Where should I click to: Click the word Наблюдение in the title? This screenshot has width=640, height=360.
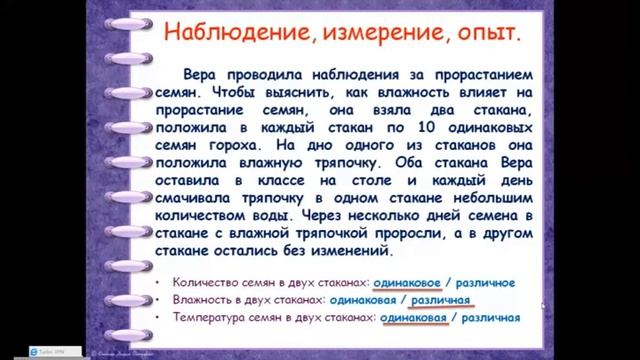point(211,37)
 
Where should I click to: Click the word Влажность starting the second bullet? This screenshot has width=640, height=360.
point(200,301)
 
